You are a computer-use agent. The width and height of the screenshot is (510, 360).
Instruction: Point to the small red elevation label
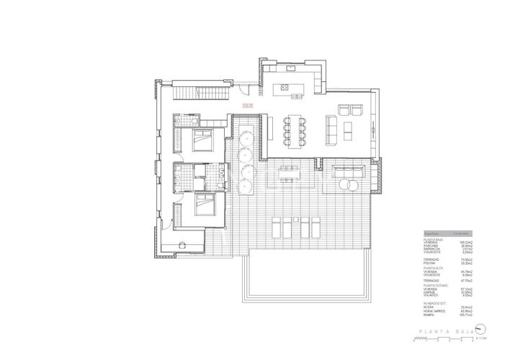click(x=249, y=107)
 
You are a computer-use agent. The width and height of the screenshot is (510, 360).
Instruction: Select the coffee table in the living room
click(x=349, y=130)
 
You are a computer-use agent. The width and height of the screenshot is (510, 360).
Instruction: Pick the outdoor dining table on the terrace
click(x=290, y=171)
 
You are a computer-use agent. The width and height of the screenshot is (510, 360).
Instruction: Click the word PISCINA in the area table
click(x=430, y=263)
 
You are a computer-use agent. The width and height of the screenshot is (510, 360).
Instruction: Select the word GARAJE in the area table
click(x=429, y=292)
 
